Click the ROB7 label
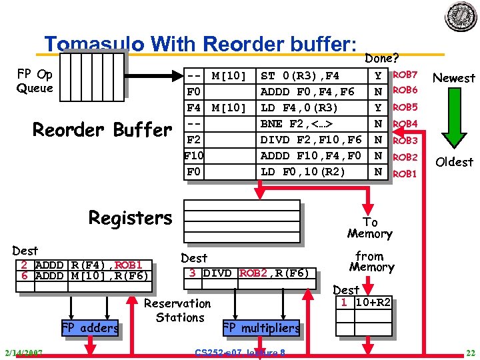[x=405, y=75]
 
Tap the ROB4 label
[x=405, y=124]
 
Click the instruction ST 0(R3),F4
[x=299, y=75]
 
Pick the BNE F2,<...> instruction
[x=297, y=124]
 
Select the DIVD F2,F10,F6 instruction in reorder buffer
[x=311, y=140]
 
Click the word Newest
[x=453, y=78]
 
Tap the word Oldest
[x=453, y=162]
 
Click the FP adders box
[x=89, y=327]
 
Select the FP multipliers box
[x=261, y=328]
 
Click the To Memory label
[x=369, y=228]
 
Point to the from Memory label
[x=371, y=261]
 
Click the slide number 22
[x=469, y=353]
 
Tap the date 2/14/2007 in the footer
[x=23, y=353]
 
